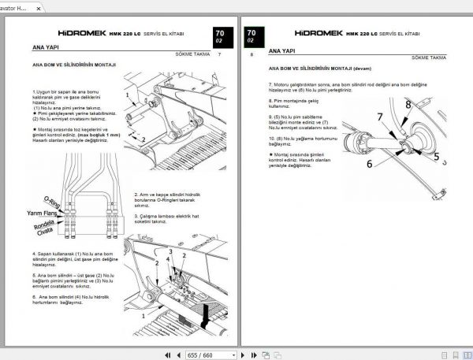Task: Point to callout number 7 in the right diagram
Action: point(378,118)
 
